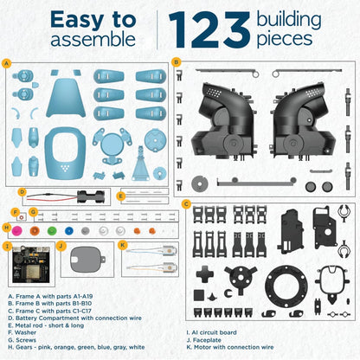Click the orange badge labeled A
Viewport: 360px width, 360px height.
click(x=6, y=63)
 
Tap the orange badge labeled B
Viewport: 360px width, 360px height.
click(x=176, y=62)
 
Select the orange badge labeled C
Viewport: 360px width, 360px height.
click(x=186, y=204)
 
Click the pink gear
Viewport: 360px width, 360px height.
click(x=17, y=230)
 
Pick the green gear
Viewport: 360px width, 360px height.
click(x=52, y=231)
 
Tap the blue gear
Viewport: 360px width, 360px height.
click(x=69, y=231)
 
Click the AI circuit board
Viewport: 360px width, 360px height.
click(x=31, y=265)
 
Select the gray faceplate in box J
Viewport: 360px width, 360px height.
click(x=87, y=260)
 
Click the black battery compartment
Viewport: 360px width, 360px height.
click(x=90, y=196)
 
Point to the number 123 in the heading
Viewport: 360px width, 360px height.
click(x=209, y=29)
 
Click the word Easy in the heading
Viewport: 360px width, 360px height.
click(x=77, y=20)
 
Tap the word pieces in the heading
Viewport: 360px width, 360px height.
click(x=285, y=40)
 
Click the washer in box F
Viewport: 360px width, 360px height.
click(x=22, y=217)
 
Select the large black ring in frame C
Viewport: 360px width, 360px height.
click(x=286, y=286)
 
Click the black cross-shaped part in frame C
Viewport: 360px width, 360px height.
click(x=205, y=274)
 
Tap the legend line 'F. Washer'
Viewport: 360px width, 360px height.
click(x=22, y=332)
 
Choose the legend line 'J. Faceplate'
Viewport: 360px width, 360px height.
click(x=204, y=340)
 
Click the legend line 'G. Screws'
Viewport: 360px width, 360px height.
click(x=22, y=340)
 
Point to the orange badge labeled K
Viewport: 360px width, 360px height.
click(x=123, y=246)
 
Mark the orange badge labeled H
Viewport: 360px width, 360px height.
click(x=6, y=228)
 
